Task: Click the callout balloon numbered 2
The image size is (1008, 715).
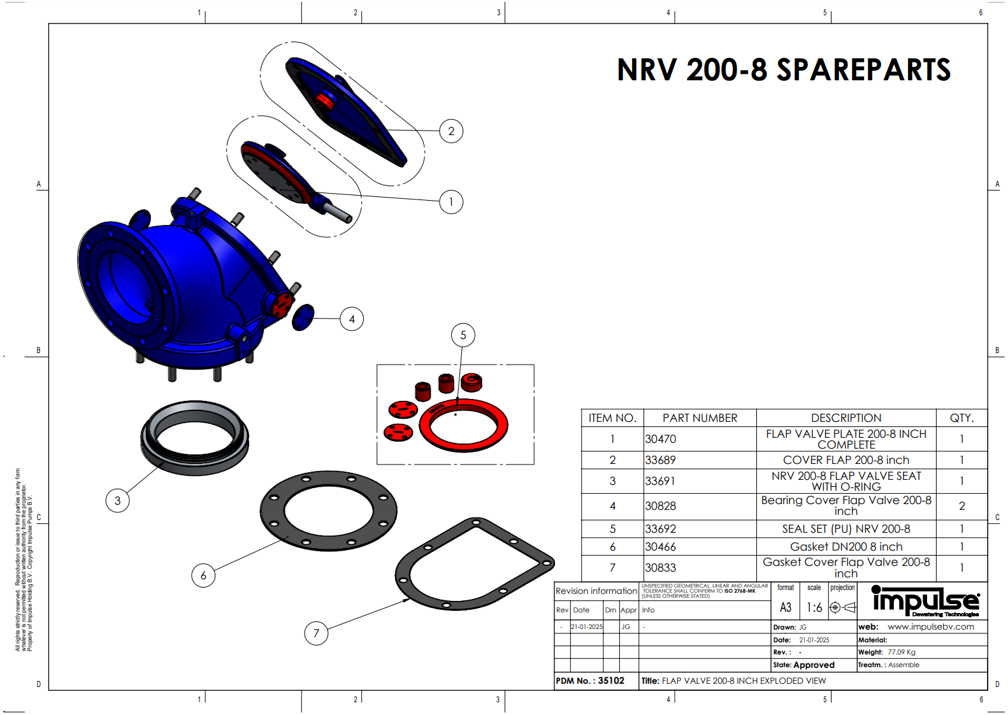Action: tap(451, 131)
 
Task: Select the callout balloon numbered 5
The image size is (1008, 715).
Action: tap(463, 335)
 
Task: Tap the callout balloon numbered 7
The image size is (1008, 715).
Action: tap(316, 633)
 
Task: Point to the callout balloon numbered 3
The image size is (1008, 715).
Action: tap(117, 500)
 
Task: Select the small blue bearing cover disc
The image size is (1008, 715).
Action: tap(303, 317)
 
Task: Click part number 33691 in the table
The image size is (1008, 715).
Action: tap(660, 481)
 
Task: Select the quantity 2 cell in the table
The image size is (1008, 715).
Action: tap(961, 506)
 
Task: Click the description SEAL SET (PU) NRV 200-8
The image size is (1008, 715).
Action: tap(846, 529)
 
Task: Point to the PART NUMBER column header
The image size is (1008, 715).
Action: tap(700, 418)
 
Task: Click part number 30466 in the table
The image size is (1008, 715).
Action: tap(660, 547)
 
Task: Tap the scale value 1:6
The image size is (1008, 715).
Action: tap(814, 607)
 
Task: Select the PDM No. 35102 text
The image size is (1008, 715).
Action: tap(590, 681)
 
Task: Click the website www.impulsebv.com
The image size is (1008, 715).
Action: tap(930, 626)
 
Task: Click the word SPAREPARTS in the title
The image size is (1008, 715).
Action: tap(863, 70)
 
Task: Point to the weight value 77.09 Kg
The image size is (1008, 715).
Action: tap(901, 652)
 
